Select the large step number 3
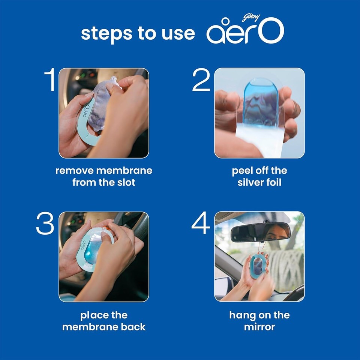click(45, 224)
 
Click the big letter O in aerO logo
click(270, 32)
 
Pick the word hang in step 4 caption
click(242, 315)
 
